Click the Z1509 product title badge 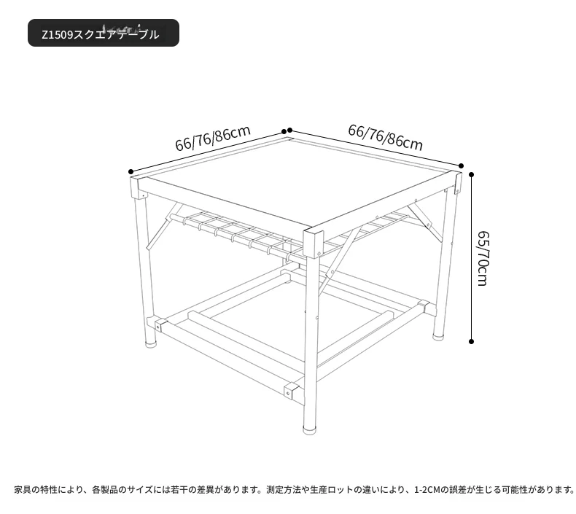pyautogui.click(x=104, y=33)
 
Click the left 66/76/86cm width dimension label pyautogui.click(x=213, y=138)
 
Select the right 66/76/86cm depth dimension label pyautogui.click(x=386, y=137)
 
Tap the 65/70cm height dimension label pyautogui.click(x=483, y=258)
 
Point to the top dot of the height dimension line pyautogui.click(x=471, y=174)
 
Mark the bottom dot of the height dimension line pyautogui.click(x=471, y=342)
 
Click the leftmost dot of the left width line pyautogui.click(x=131, y=171)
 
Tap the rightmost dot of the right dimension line pyautogui.click(x=462, y=166)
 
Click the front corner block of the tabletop pyautogui.click(x=313, y=243)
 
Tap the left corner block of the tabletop pyautogui.click(x=138, y=188)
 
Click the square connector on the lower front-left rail pyautogui.click(x=292, y=391)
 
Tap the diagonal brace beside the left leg pyautogui.click(x=163, y=227)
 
